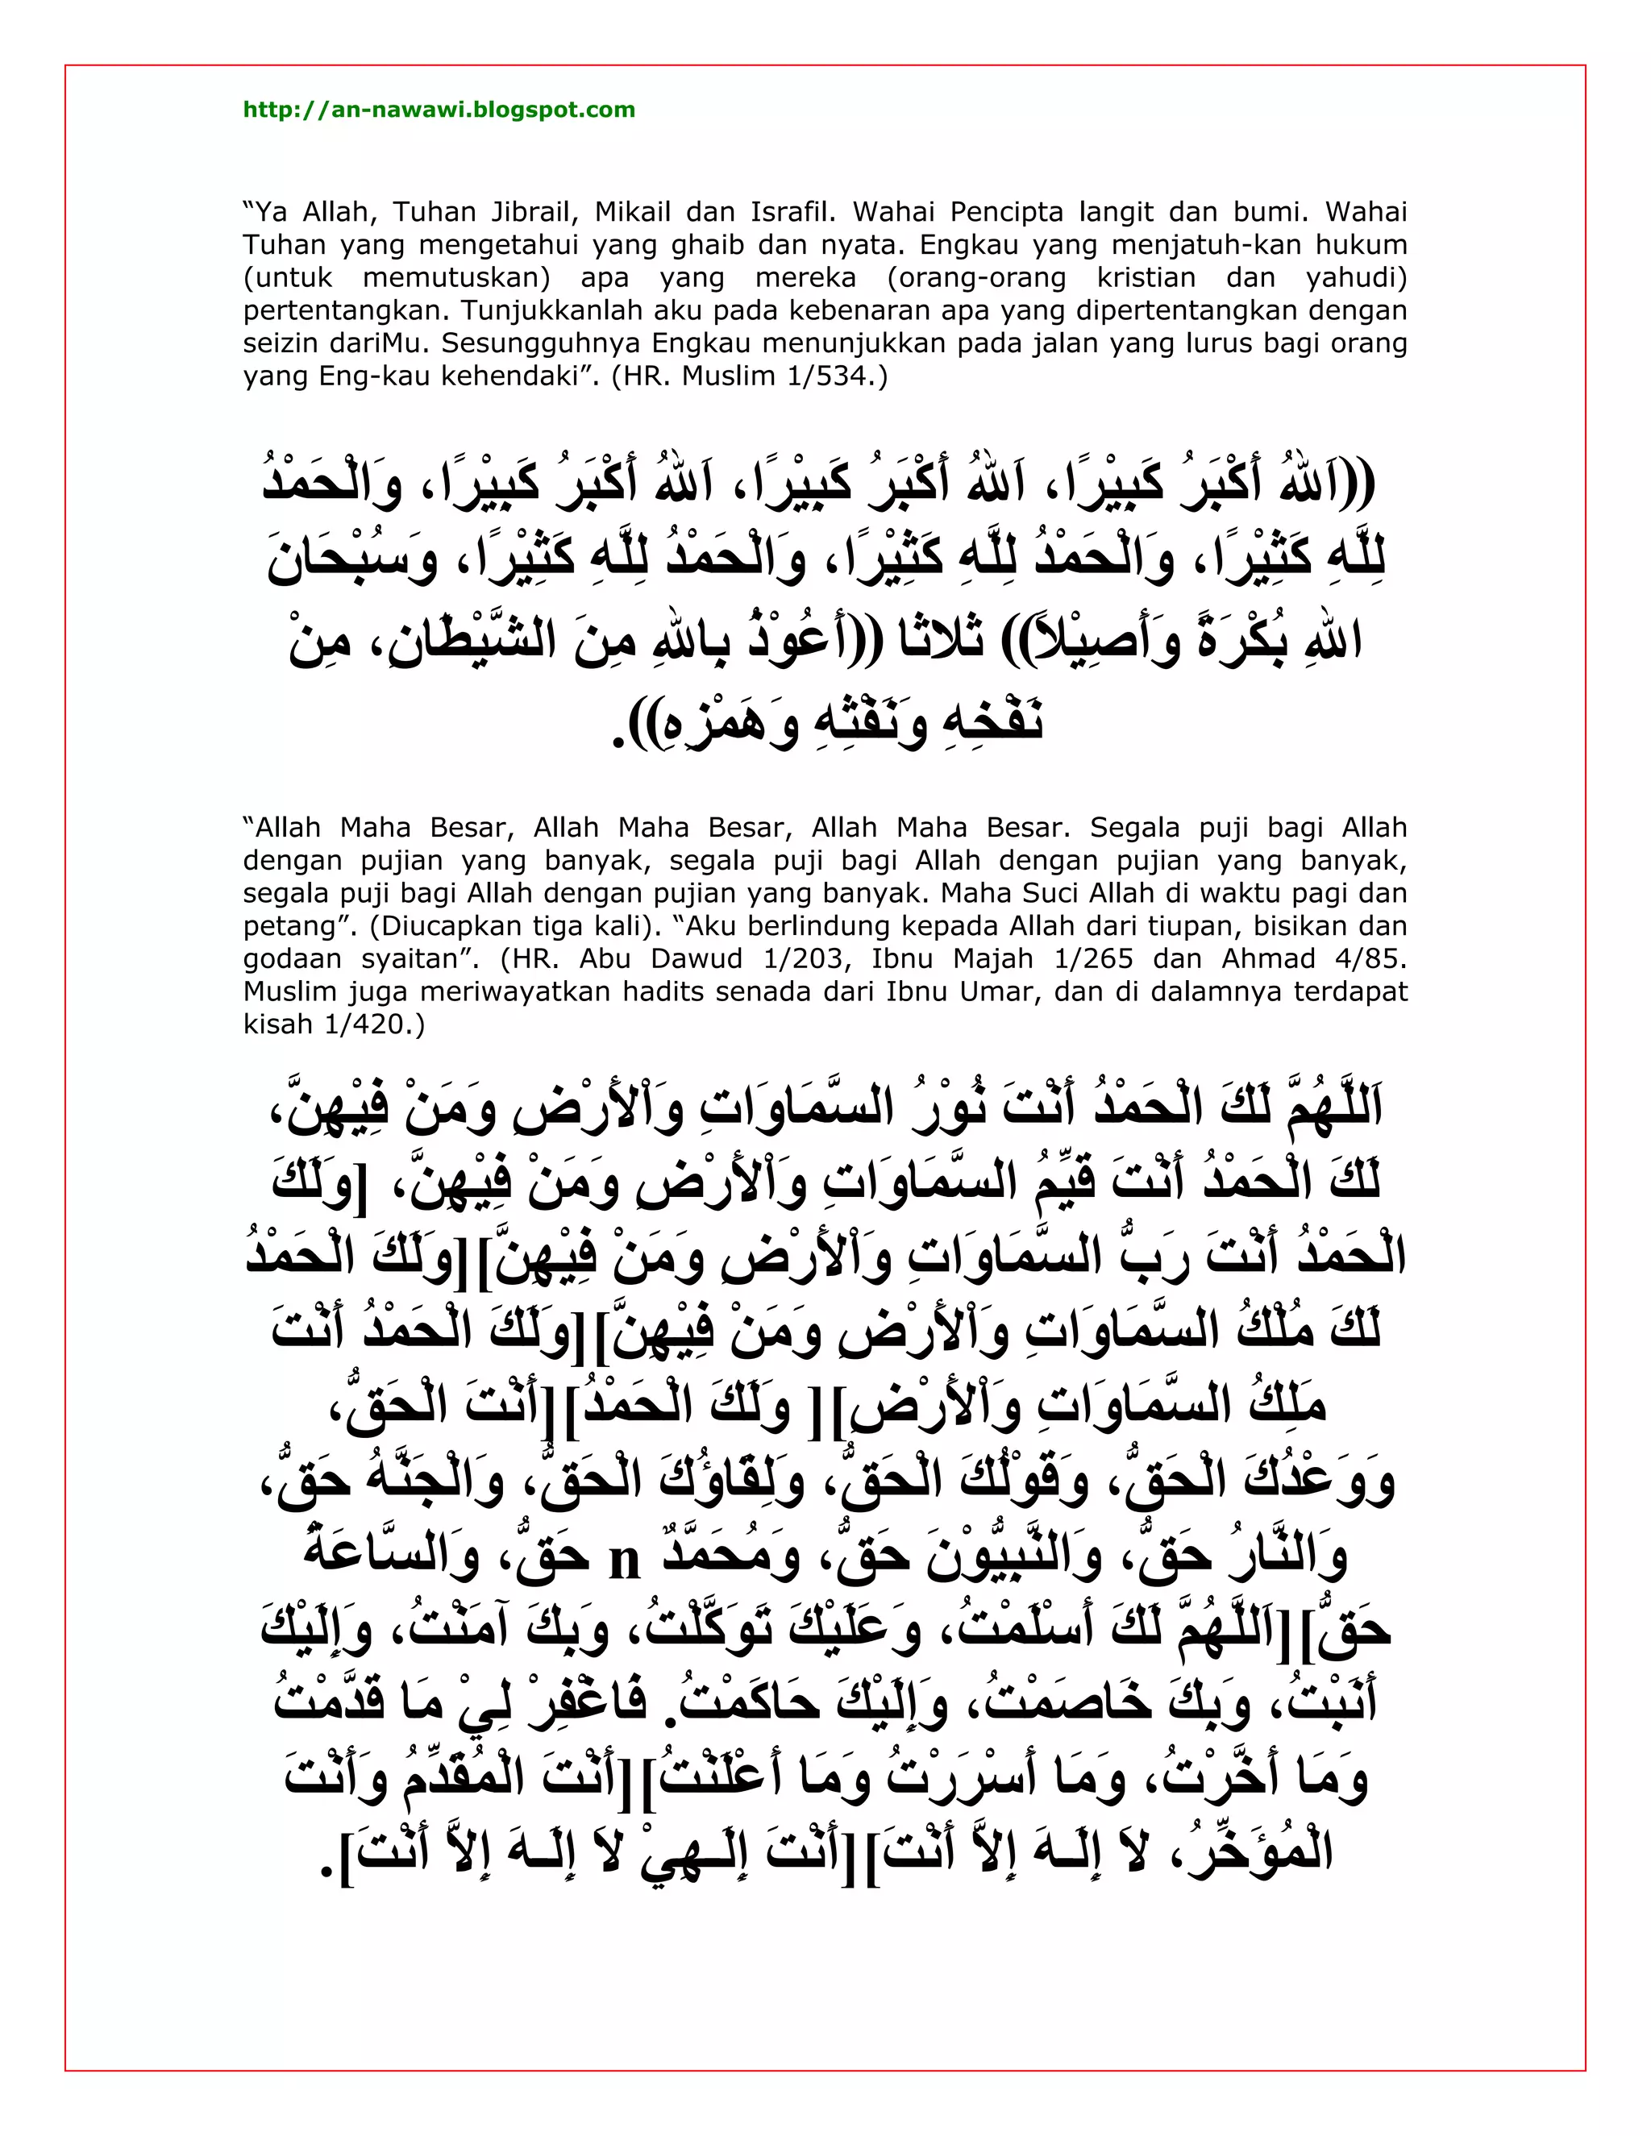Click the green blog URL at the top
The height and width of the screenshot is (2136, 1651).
click(439, 110)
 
